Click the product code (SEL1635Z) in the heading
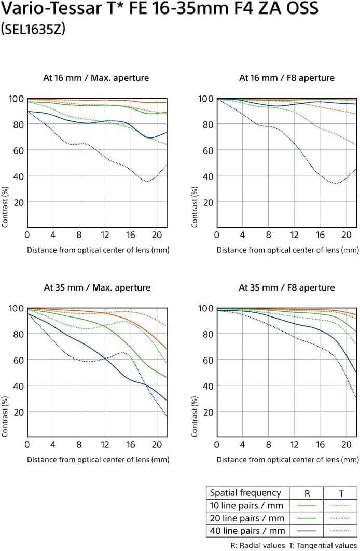point(33,30)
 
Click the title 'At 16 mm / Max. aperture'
point(96,78)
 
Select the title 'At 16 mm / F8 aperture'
point(286,78)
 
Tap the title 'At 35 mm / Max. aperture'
point(97,287)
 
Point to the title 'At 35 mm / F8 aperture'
point(287,287)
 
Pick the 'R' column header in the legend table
point(307,493)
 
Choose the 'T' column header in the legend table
point(340,493)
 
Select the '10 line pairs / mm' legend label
point(246,505)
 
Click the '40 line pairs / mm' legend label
point(246,530)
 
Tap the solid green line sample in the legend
point(306,518)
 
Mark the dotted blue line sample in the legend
point(340,530)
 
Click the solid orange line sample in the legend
point(306,505)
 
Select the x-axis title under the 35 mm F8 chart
point(287,459)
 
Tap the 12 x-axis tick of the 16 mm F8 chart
point(294,235)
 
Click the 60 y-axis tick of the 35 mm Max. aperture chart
point(15,360)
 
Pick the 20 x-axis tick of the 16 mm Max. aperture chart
point(156,235)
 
